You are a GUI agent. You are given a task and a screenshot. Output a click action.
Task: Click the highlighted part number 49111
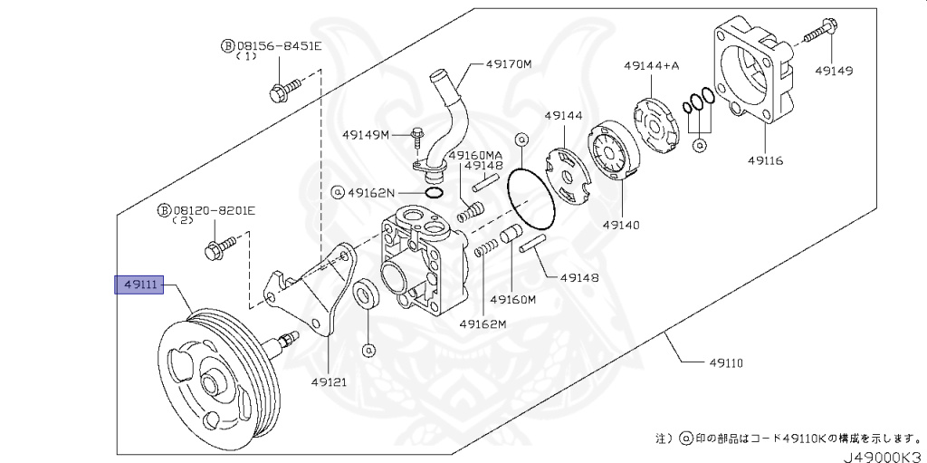(136, 285)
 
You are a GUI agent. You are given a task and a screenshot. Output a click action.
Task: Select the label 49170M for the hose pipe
(508, 64)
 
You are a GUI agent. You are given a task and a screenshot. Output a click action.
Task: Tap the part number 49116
(766, 160)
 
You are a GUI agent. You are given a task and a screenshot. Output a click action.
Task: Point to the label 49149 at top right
(834, 70)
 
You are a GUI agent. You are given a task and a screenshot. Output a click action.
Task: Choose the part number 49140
(621, 222)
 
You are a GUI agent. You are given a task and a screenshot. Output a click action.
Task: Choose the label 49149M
(365, 135)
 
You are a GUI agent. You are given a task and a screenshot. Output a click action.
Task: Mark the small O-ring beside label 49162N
(433, 192)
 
